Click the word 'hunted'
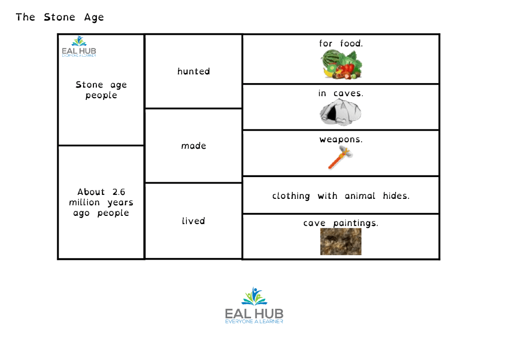(x=193, y=72)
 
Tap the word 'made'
(x=193, y=146)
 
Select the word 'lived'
(x=193, y=221)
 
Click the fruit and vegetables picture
(x=341, y=64)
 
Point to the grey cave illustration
(x=340, y=112)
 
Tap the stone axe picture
(x=340, y=158)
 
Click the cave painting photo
(x=340, y=242)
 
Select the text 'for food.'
(x=341, y=43)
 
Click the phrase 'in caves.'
(x=340, y=93)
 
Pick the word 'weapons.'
(x=341, y=140)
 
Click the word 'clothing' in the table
(x=291, y=196)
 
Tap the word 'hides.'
(x=396, y=196)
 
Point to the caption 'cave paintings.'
(x=340, y=223)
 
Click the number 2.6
(x=119, y=192)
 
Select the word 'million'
(x=85, y=202)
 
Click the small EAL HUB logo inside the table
(x=79, y=46)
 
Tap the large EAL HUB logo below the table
(x=254, y=305)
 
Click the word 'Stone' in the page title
(x=60, y=17)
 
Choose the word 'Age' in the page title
(x=94, y=17)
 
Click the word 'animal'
(x=360, y=196)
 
